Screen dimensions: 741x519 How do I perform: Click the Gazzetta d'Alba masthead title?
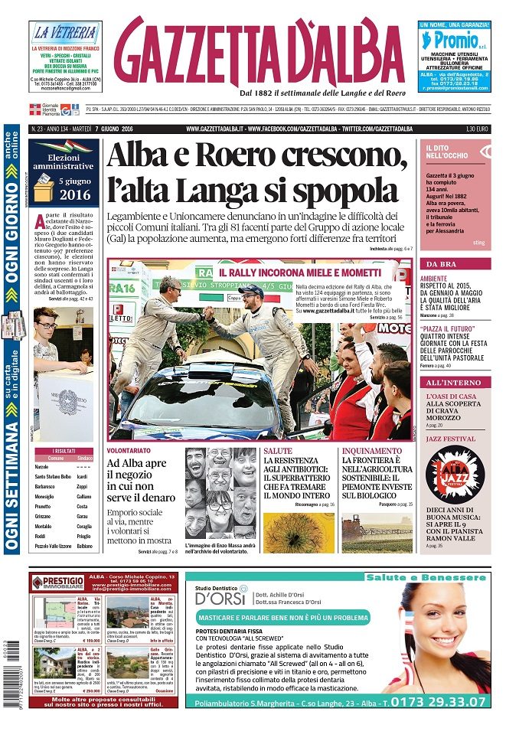coord(261,51)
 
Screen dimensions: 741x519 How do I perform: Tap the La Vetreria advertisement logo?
coord(64,34)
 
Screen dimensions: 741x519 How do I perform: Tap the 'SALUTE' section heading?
coord(276,452)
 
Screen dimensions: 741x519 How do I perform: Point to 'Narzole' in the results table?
coord(41,466)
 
